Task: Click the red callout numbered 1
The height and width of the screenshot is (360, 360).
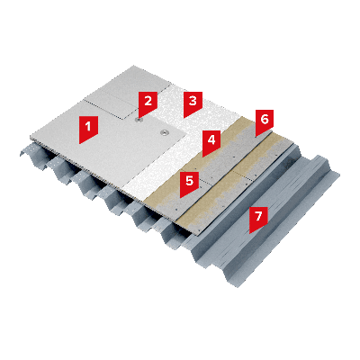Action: coord(88,129)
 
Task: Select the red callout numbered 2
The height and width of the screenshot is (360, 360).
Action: coord(148,103)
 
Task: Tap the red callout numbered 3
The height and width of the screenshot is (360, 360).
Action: coord(193,103)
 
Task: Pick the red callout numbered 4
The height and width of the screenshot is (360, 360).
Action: coord(211,141)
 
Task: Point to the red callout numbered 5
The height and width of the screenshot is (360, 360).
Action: coord(189,183)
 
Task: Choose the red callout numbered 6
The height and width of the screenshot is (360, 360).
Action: coord(264,121)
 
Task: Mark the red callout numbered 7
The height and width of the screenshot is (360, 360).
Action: coord(258,218)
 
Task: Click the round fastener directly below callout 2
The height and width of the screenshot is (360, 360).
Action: coord(139,121)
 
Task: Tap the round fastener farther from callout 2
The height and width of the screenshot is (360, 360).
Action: coord(165,132)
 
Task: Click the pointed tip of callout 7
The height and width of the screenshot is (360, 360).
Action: coord(249,233)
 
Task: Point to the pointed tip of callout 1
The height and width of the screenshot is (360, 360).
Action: coord(80,144)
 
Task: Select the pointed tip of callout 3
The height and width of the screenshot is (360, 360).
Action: coord(184,118)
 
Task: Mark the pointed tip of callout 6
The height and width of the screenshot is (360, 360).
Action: coord(256,137)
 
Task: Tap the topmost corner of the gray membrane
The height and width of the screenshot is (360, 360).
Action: coord(134,66)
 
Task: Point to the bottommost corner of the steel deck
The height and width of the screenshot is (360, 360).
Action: coord(238,287)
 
